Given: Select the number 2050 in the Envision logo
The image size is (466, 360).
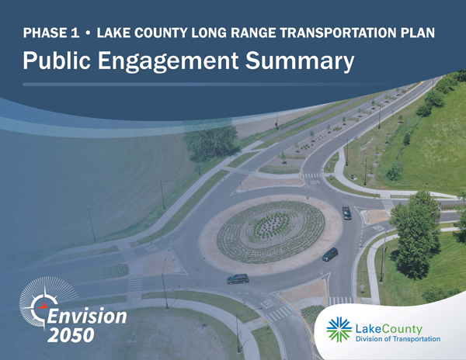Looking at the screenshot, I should [x=71, y=335].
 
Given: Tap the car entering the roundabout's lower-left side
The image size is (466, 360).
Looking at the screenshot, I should [x=238, y=279].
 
